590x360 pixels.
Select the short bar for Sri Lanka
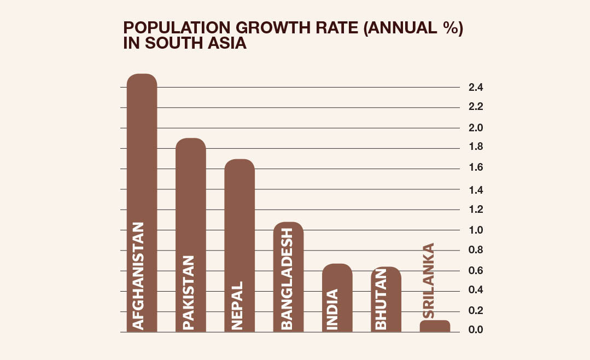[x=435, y=326]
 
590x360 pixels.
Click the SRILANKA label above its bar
[x=429, y=281]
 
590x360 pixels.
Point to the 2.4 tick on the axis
[x=475, y=88]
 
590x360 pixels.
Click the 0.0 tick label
[x=475, y=330]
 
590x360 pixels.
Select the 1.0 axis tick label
[x=475, y=230]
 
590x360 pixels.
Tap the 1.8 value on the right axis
[x=475, y=147]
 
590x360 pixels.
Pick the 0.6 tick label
[x=475, y=271]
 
